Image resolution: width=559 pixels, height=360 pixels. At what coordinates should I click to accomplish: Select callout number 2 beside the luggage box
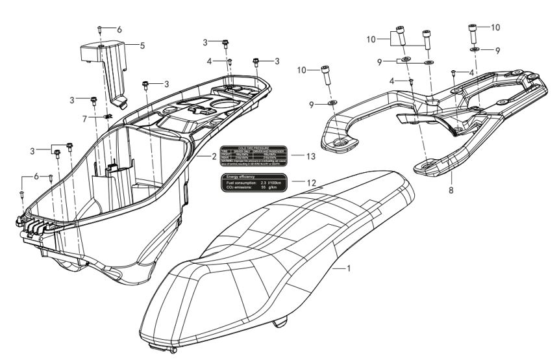click(213, 157)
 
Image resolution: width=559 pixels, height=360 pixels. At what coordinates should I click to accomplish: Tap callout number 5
click(142, 45)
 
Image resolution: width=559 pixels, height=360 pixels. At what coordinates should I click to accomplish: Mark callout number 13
click(312, 156)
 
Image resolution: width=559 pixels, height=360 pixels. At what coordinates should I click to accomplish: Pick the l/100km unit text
click(276, 184)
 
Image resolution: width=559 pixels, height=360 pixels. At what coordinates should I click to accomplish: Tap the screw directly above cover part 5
click(100, 30)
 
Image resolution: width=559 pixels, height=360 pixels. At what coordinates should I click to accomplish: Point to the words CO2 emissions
click(239, 189)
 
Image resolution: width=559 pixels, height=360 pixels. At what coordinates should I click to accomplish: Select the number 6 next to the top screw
click(118, 30)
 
